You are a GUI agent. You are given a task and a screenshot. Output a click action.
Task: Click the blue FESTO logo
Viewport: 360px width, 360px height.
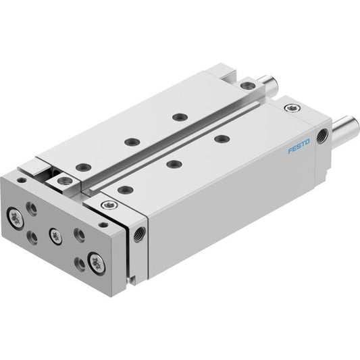(x=299, y=146)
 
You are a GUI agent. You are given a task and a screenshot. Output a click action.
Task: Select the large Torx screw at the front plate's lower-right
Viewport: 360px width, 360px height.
(x=97, y=263)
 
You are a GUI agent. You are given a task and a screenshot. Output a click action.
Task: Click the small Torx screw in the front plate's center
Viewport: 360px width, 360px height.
(x=55, y=236)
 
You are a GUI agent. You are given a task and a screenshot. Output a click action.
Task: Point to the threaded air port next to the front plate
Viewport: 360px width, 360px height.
(x=140, y=234)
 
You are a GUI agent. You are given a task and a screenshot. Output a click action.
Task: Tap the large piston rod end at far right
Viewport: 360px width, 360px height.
(x=345, y=132)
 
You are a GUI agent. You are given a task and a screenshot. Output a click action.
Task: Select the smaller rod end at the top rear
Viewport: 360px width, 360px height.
(x=269, y=83)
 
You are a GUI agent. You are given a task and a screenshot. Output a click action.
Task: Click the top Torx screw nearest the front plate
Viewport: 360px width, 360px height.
(x=109, y=205)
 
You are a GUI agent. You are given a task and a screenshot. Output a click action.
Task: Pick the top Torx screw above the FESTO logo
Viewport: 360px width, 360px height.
(x=292, y=107)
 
